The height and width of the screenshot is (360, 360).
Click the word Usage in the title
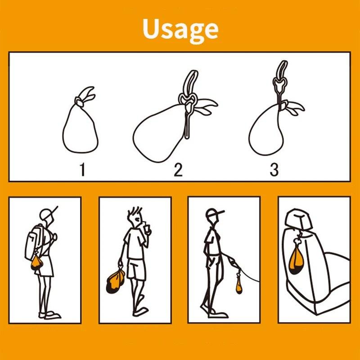(180, 30)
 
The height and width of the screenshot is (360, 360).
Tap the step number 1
(82, 170)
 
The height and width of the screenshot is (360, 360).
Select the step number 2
(178, 170)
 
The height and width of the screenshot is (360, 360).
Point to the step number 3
(274, 170)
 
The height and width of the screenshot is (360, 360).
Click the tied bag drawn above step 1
(81, 129)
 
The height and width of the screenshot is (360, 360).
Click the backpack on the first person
(35, 241)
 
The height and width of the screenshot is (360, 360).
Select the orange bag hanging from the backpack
(36, 263)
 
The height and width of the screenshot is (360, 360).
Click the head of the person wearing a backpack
(47, 215)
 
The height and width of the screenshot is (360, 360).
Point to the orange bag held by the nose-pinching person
(115, 281)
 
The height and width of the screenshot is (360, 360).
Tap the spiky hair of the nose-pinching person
(134, 211)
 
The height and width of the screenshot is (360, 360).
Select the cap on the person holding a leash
(213, 213)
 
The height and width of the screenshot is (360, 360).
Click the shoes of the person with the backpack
(50, 315)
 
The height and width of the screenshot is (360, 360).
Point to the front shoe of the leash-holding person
(219, 315)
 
